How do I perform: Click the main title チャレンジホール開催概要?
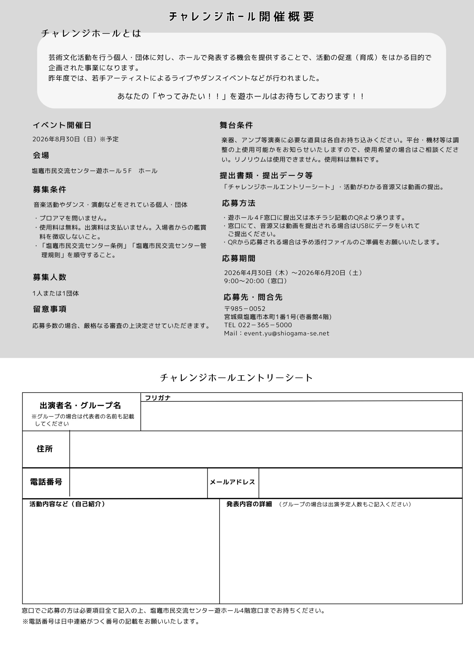tap(241, 17)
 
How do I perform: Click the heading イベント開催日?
tap(62, 125)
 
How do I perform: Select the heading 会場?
tap(41, 155)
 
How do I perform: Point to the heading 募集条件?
tap(49, 190)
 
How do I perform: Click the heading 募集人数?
tap(49, 277)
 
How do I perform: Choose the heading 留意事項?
tap(49, 309)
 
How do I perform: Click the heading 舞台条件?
tap(236, 125)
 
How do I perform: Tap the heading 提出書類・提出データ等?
tap(266, 175)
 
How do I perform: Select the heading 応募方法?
tap(239, 203)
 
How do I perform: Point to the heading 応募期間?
tap(239, 258)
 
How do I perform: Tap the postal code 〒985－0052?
tap(245, 309)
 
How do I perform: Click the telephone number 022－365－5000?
tap(265, 325)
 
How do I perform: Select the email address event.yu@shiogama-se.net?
tap(286, 333)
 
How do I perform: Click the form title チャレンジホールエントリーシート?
tap(236, 378)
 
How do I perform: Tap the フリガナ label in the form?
tap(158, 398)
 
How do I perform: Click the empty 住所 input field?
tap(266, 449)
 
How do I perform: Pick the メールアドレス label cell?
tap(233, 482)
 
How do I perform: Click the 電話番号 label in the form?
tap(46, 482)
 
